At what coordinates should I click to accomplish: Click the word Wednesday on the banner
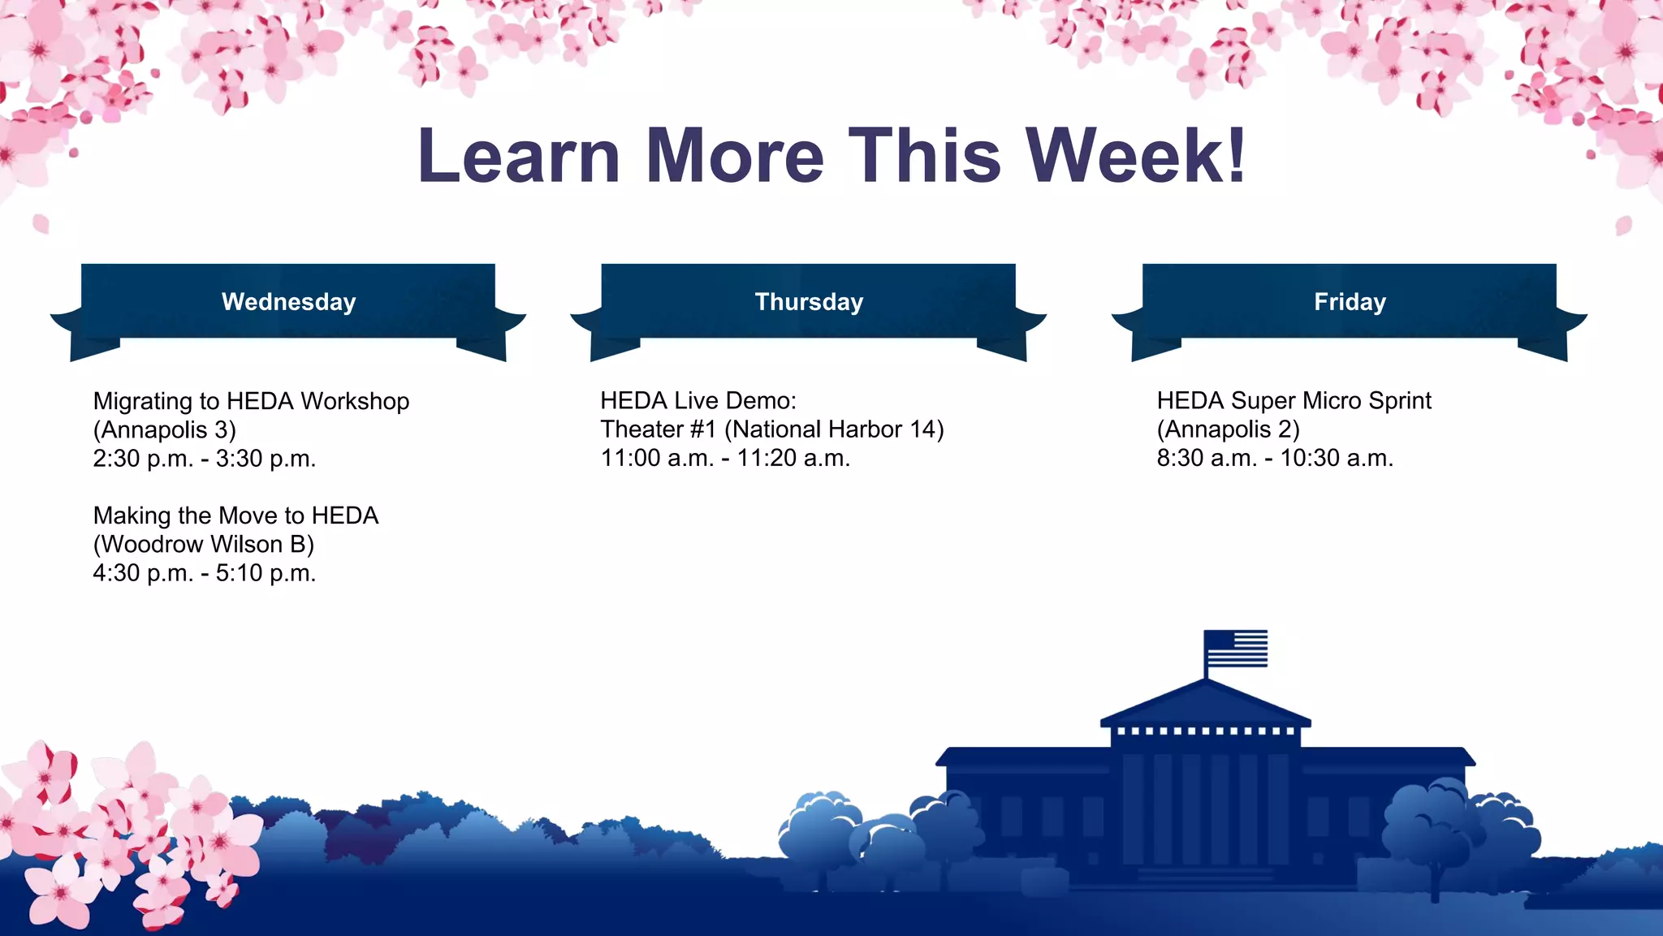288,302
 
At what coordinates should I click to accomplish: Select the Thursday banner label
809,302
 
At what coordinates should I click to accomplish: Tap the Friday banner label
1350,302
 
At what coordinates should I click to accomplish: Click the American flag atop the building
1235,649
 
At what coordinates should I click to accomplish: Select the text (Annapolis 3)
165,429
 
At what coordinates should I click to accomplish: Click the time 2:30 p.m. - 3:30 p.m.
205,459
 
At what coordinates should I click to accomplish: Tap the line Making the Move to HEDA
235,515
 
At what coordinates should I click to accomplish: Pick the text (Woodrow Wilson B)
204,544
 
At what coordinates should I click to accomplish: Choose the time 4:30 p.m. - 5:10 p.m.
205,573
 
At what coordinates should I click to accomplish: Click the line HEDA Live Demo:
698,400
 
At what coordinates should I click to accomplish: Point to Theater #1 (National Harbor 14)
772,429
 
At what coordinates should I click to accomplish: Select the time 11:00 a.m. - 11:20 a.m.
725,459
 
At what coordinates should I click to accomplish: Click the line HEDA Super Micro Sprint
1294,400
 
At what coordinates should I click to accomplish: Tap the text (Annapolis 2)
1229,429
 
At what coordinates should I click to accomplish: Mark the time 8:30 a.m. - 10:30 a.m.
1275,459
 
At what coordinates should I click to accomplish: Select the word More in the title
735,156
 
